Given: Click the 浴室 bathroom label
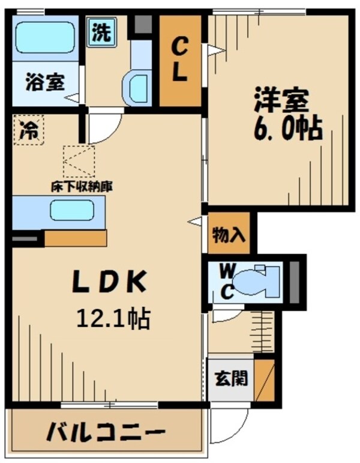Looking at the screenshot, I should click(x=44, y=82).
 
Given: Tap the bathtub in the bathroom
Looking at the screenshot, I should click(x=45, y=38).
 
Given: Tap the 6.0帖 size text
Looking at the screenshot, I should click(x=287, y=128).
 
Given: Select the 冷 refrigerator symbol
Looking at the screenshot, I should click(x=27, y=129).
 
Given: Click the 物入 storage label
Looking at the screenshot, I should click(x=228, y=235).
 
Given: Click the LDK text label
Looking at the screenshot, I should click(x=109, y=283).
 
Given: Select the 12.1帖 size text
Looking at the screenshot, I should click(x=112, y=318).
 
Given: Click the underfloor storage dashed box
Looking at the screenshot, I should click(x=79, y=162).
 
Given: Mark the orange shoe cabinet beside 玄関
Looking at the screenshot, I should click(x=264, y=380).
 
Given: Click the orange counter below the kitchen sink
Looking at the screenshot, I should click(x=76, y=238).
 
